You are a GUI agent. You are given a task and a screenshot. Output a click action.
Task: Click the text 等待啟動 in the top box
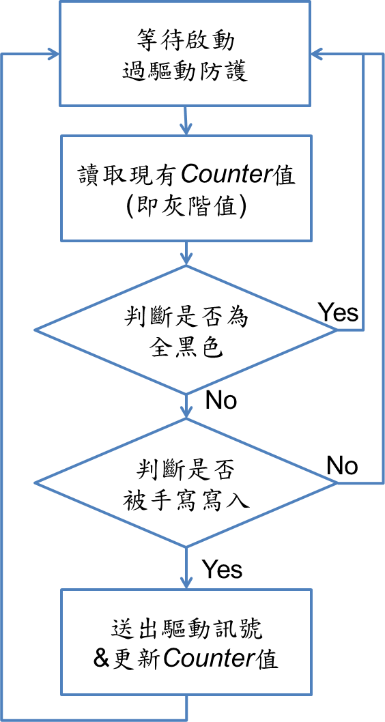click(185, 42)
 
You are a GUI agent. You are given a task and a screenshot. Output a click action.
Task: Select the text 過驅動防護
click(185, 72)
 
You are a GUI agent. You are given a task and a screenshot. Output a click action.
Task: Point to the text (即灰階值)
click(186, 207)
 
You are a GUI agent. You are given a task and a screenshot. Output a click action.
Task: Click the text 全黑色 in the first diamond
click(186, 349)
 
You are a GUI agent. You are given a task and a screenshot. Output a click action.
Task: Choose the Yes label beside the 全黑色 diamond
click(339, 313)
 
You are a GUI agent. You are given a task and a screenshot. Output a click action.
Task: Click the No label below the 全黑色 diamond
click(220, 400)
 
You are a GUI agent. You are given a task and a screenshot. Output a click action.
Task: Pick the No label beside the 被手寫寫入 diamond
click(342, 466)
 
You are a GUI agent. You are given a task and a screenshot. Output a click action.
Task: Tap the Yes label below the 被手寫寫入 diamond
click(223, 569)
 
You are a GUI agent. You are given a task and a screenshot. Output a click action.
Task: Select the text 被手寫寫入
click(186, 500)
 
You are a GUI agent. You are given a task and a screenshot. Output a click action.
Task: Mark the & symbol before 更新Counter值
click(100, 659)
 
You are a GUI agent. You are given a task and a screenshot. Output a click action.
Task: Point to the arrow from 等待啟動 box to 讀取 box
click(185, 120)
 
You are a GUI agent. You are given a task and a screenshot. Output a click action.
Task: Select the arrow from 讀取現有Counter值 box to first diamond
click(186, 252)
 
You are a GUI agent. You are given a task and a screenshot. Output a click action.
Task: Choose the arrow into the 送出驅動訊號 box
click(186, 568)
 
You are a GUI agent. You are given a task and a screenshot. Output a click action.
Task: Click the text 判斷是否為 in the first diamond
click(186, 319)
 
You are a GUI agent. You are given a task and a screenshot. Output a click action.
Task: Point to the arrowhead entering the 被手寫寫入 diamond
click(186, 412)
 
